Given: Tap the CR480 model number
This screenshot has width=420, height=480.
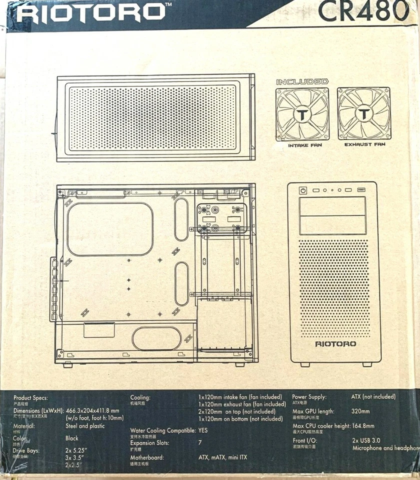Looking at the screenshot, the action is [363, 11].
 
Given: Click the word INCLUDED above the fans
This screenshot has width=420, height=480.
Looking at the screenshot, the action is [302, 81].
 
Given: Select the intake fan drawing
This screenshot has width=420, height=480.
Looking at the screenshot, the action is [302, 114].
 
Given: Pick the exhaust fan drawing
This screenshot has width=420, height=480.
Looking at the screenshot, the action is [364, 114].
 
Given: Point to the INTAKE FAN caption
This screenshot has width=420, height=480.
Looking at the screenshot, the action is [304, 145].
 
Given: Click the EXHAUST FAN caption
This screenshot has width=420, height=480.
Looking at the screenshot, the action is [365, 145].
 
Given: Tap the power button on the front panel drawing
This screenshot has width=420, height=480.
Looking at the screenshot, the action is [302, 190].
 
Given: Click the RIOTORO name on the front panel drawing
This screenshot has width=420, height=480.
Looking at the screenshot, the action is [335, 344].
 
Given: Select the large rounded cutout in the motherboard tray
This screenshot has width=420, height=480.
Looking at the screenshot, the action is [109, 229].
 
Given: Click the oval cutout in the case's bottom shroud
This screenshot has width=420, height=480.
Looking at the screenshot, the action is [156, 338].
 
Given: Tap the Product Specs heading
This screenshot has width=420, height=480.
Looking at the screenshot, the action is [31, 398].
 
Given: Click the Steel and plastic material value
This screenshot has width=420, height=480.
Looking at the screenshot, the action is [85, 426].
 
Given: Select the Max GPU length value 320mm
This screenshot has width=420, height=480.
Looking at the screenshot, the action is [360, 411].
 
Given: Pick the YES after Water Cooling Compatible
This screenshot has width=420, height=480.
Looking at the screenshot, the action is [203, 430].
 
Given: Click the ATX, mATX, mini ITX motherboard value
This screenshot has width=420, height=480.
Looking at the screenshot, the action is [223, 457].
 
